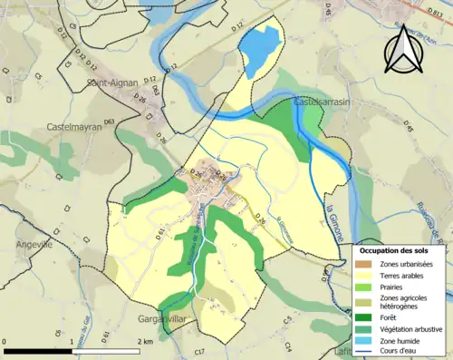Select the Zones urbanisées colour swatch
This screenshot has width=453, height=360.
[362, 263]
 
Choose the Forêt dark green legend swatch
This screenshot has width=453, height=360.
[362, 317]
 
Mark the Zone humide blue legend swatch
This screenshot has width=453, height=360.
[362, 341]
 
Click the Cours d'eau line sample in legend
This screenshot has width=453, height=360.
[362, 353]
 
